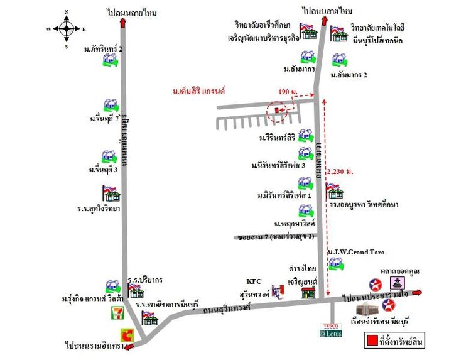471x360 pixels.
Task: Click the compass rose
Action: point(67,29)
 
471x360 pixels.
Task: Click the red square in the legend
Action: point(371,341)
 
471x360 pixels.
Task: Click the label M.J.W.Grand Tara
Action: point(355,252)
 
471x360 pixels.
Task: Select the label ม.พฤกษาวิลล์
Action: point(294,223)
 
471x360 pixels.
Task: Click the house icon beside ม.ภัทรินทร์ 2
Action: point(111,60)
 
